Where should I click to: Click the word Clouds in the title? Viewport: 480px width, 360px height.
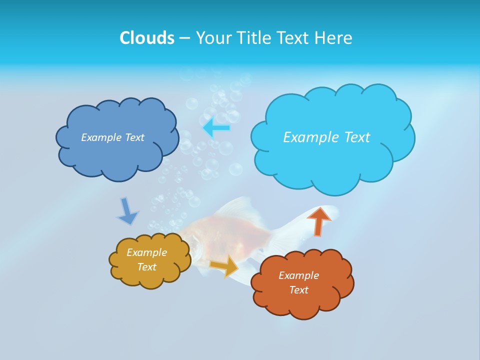coord(147,38)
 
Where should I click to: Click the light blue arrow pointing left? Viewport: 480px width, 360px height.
coord(217,128)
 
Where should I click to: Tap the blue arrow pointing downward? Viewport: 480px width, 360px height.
coord(127,211)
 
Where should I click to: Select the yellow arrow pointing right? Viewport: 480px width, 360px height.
coord(224,265)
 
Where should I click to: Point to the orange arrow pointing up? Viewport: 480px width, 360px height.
coord(318,220)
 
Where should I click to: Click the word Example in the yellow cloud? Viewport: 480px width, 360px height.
coord(146,252)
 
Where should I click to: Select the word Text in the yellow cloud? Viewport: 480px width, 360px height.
coord(146,267)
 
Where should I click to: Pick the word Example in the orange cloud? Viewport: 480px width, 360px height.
coord(298,275)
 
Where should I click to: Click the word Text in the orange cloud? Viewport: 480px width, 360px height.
coord(298,290)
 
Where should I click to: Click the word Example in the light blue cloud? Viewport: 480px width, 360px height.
coord(310,137)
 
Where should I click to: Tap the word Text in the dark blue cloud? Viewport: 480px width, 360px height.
coord(134,137)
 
